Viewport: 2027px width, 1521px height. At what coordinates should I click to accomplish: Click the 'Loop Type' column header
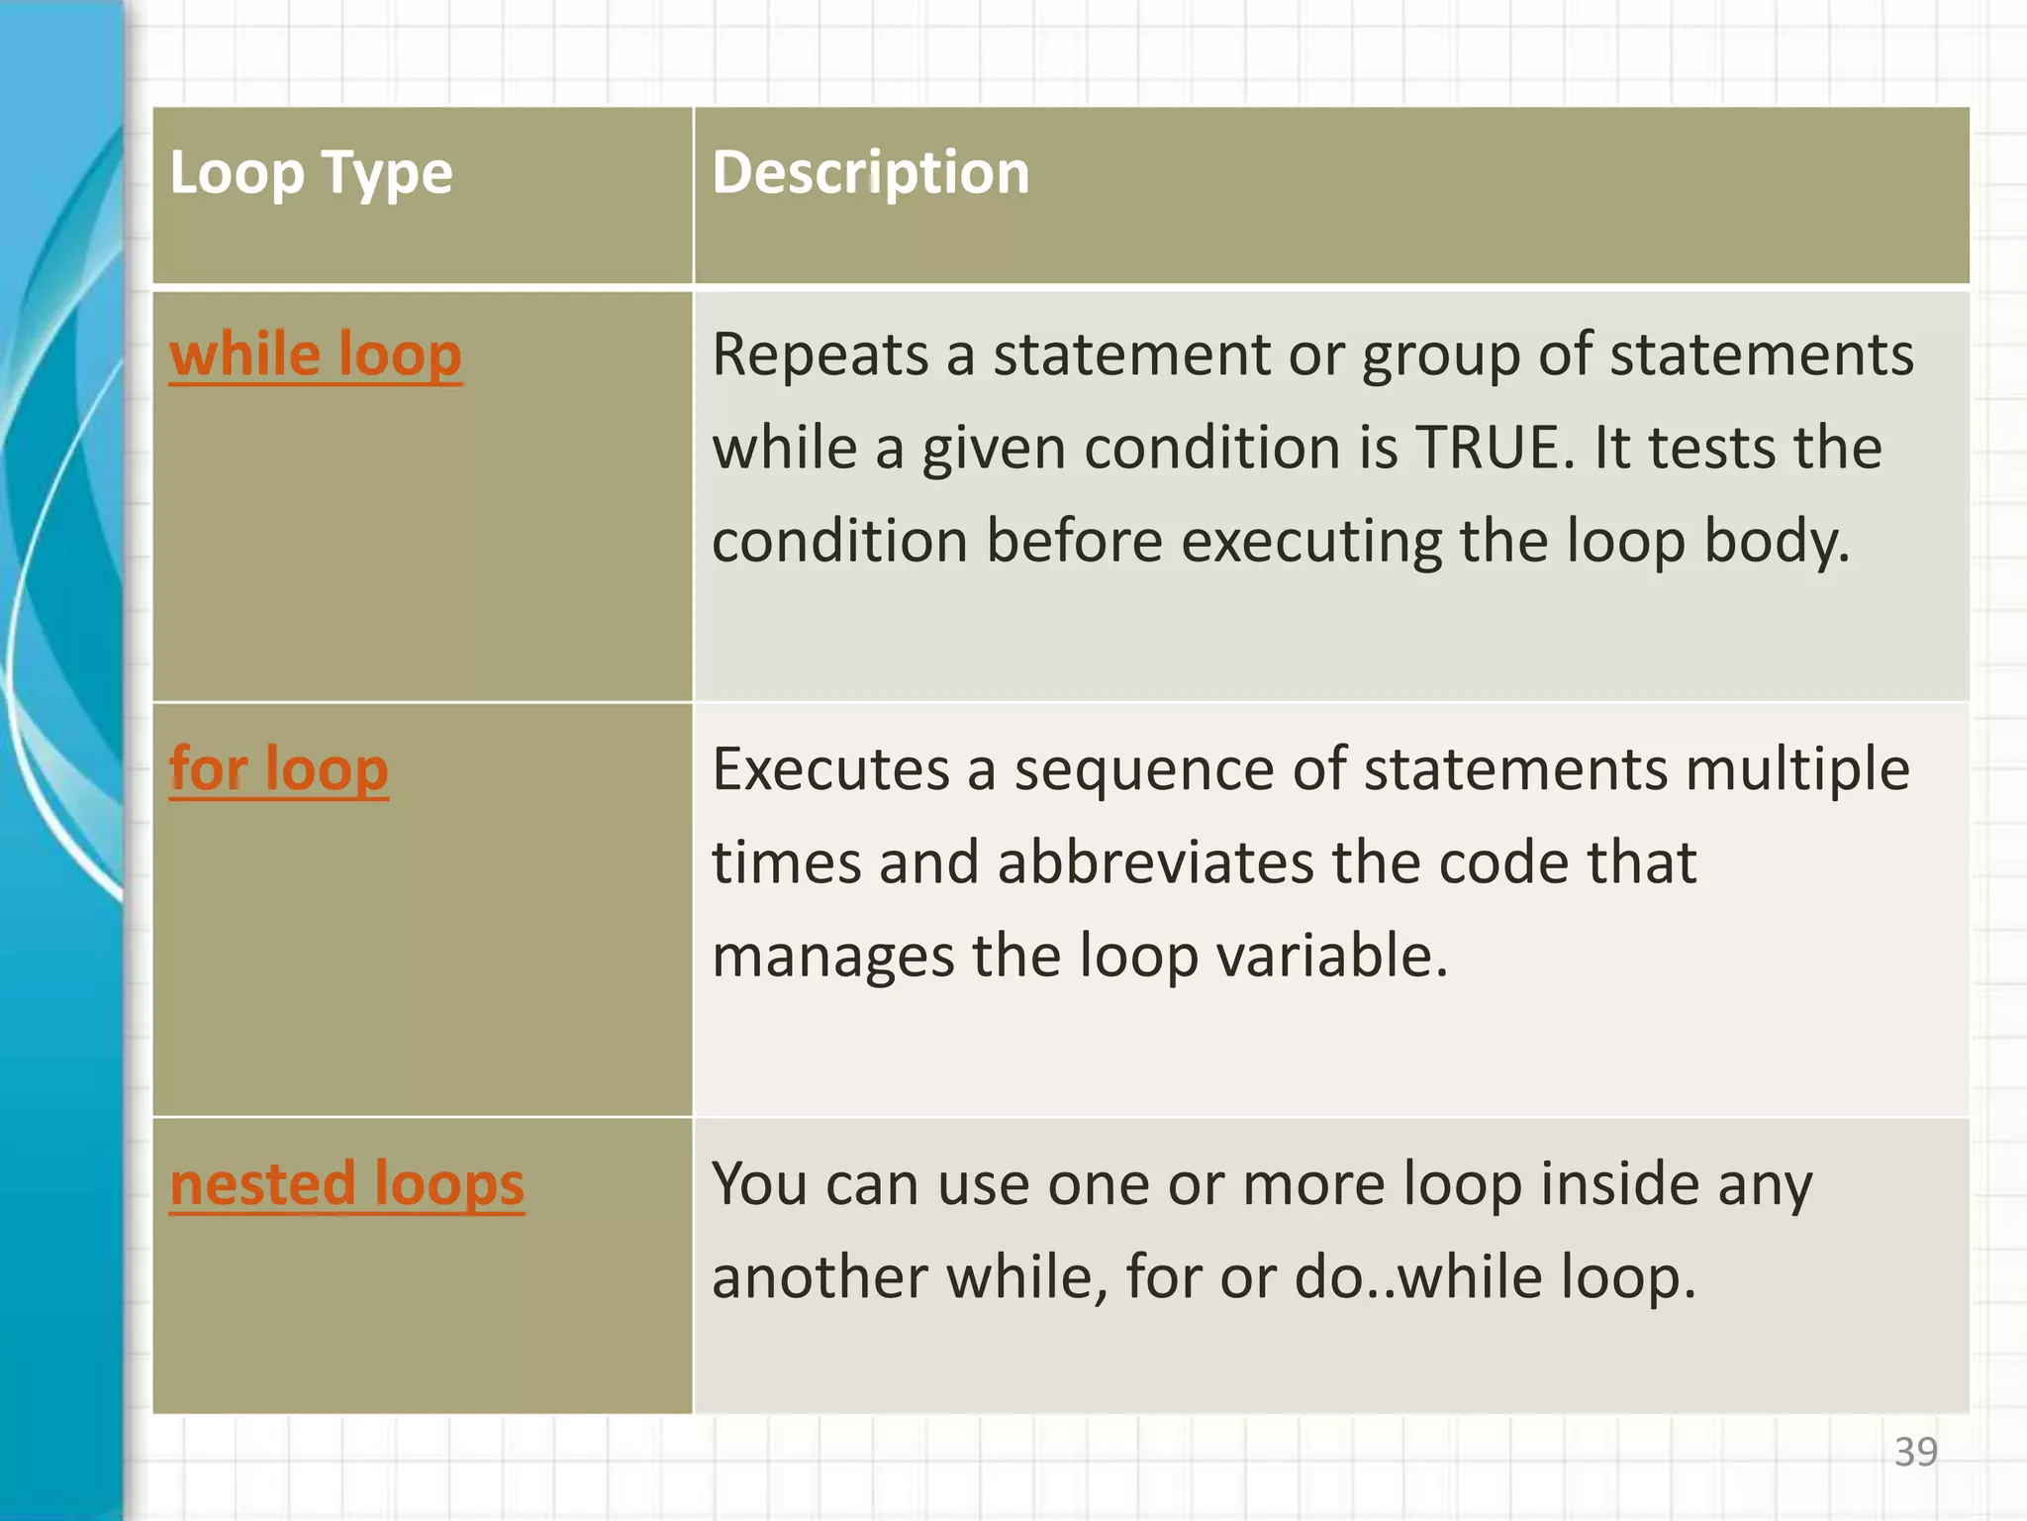click(311, 173)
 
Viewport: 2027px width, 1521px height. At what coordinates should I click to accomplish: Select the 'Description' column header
click(870, 173)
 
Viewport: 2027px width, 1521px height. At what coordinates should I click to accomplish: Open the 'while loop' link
click(316, 355)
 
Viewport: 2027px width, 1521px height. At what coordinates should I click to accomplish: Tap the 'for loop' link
click(278, 769)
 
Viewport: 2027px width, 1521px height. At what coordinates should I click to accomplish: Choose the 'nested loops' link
click(346, 1184)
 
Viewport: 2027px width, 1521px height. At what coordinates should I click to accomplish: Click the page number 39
click(1915, 1453)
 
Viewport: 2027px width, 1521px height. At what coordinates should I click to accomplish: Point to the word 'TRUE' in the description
click(1494, 448)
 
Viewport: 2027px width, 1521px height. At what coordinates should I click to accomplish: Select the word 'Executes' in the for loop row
click(830, 769)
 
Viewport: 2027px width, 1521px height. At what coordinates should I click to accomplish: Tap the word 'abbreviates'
click(1155, 862)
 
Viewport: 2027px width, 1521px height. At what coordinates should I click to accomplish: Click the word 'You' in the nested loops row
click(759, 1184)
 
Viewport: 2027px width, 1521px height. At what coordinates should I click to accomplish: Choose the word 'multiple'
click(1797, 769)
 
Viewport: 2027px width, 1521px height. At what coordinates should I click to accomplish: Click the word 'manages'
click(832, 956)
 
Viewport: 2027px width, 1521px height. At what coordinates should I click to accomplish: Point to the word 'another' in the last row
click(820, 1277)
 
